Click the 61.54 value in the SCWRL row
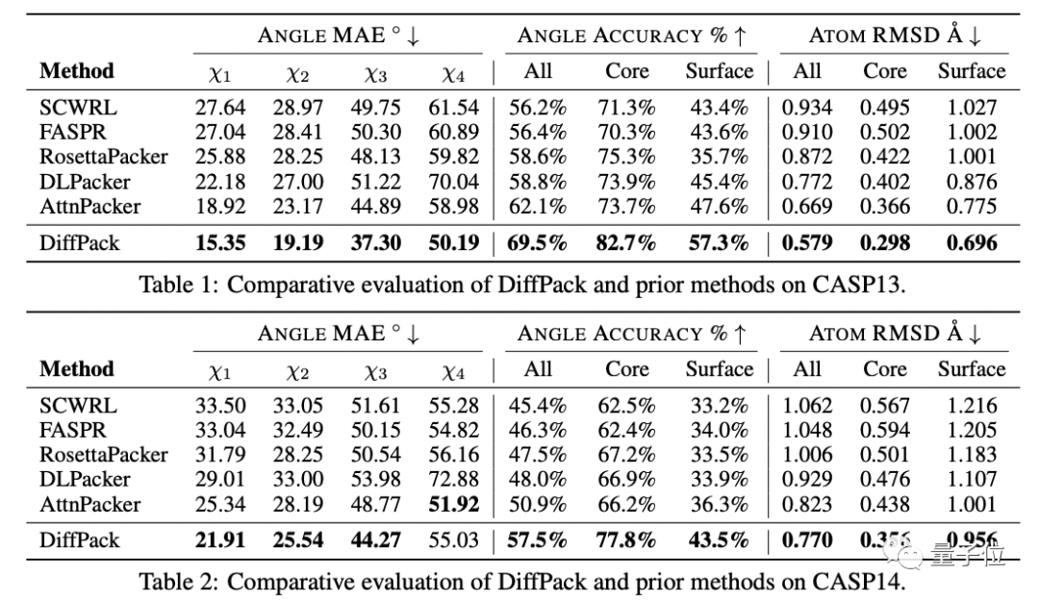pos(453,107)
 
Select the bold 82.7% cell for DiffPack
pos(627,241)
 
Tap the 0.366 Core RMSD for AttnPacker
pos(884,206)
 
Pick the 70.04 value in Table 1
pos(453,181)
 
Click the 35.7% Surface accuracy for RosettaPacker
pos(719,156)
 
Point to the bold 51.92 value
pos(453,504)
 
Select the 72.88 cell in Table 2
pos(453,479)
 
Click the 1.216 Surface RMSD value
pos(971,405)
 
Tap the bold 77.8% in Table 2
pos(627,539)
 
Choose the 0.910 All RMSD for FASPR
pos(806,132)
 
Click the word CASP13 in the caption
pos(855,284)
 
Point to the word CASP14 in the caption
pos(855,582)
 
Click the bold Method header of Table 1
pos(76,70)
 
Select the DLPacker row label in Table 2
pos(85,479)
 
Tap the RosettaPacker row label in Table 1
pos(103,156)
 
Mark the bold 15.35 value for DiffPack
pos(220,241)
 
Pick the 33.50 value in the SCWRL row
pos(220,405)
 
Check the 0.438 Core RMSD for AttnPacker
pos(884,504)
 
